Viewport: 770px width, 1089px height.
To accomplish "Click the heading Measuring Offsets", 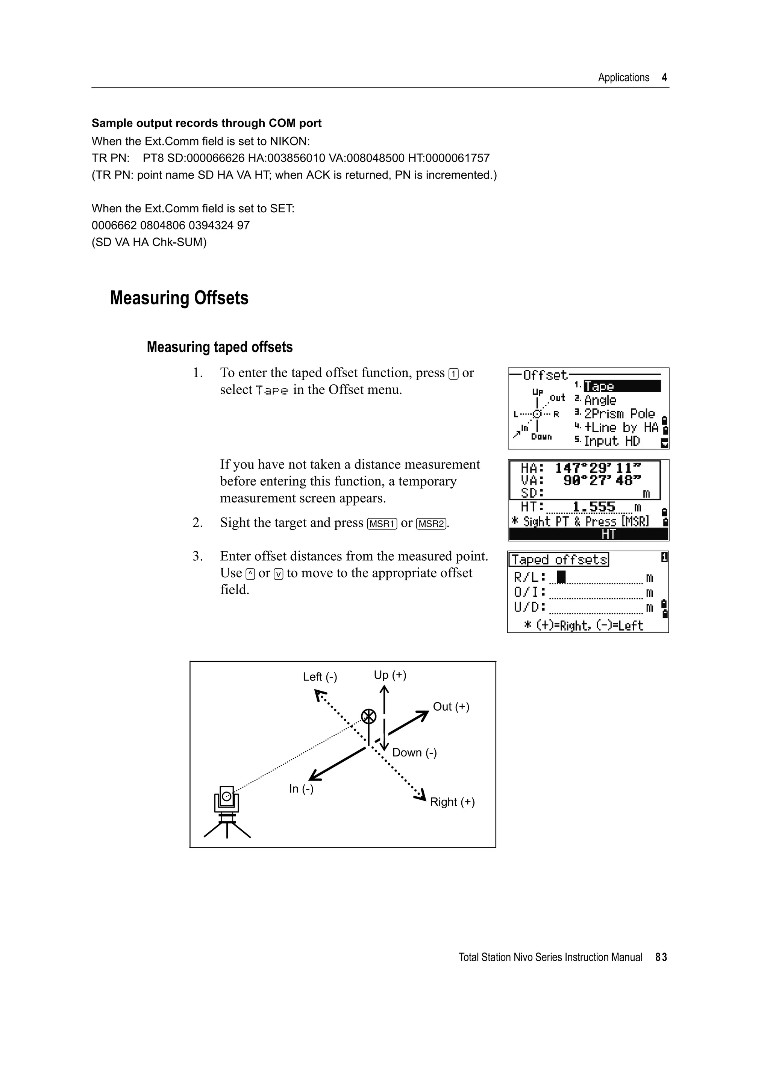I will (x=179, y=298).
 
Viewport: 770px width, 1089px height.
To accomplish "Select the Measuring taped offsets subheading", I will (x=219, y=347).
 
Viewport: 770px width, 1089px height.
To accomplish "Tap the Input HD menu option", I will (x=612, y=441).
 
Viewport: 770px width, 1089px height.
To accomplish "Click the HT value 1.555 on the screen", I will (x=594, y=507).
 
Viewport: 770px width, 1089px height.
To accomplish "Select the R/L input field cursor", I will (x=561, y=577).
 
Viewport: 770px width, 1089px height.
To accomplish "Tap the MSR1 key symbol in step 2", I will (x=382, y=523).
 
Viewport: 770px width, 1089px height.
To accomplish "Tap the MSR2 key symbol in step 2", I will (x=431, y=523).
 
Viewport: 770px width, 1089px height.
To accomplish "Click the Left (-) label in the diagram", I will (x=320, y=677).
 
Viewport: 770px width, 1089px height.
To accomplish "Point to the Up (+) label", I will (x=390, y=675).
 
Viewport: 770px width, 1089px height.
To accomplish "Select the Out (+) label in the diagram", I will (x=451, y=707).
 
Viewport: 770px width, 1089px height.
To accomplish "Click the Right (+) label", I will (x=452, y=802).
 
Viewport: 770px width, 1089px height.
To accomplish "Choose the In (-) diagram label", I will (x=301, y=789).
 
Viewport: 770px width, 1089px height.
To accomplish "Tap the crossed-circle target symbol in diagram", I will (x=368, y=717).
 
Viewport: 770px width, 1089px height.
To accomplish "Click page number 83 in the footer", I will (x=661, y=957).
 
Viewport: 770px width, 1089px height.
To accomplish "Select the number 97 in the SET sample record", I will (x=243, y=225).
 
